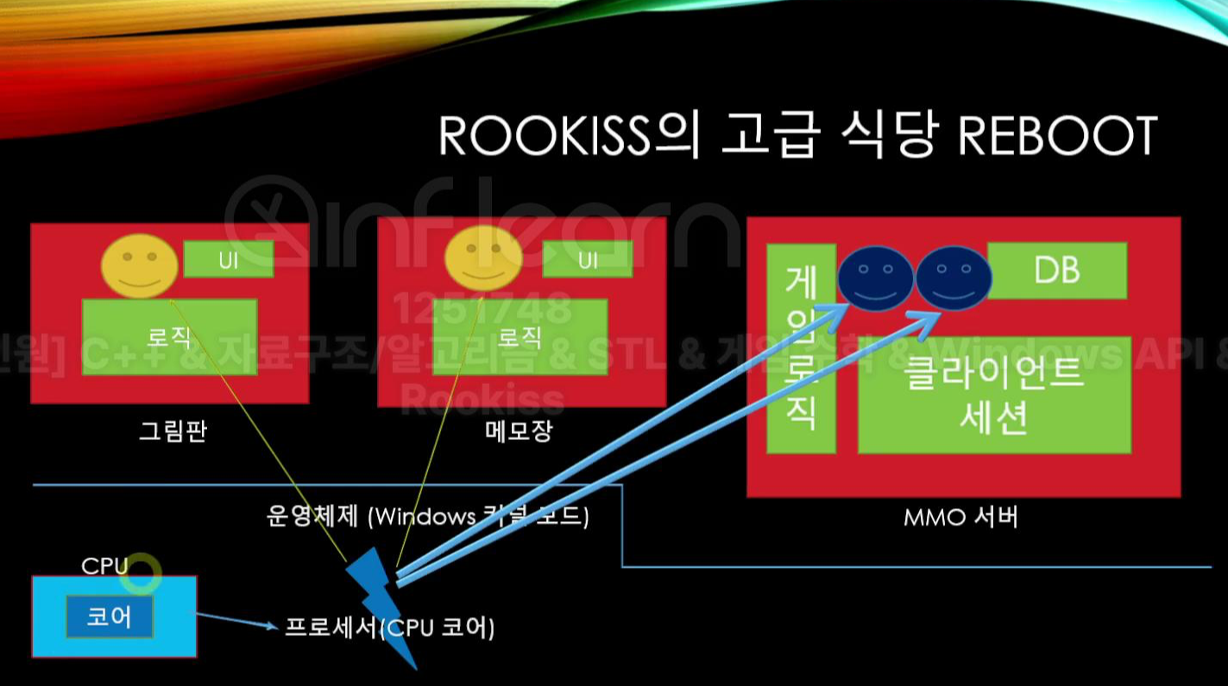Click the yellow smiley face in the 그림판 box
pos(140,267)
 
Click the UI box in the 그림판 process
pos(229,260)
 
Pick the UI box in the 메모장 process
pos(587,259)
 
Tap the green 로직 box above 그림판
pos(169,337)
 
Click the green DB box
pos(1056,271)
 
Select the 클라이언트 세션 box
pos(993,394)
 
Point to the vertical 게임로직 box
pos(801,349)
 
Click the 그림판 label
pos(173,430)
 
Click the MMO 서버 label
pos(960,519)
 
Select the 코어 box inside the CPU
pos(110,618)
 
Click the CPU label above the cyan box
pos(104,566)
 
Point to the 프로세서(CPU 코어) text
pos(390,628)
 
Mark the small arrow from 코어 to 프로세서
pos(235,620)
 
